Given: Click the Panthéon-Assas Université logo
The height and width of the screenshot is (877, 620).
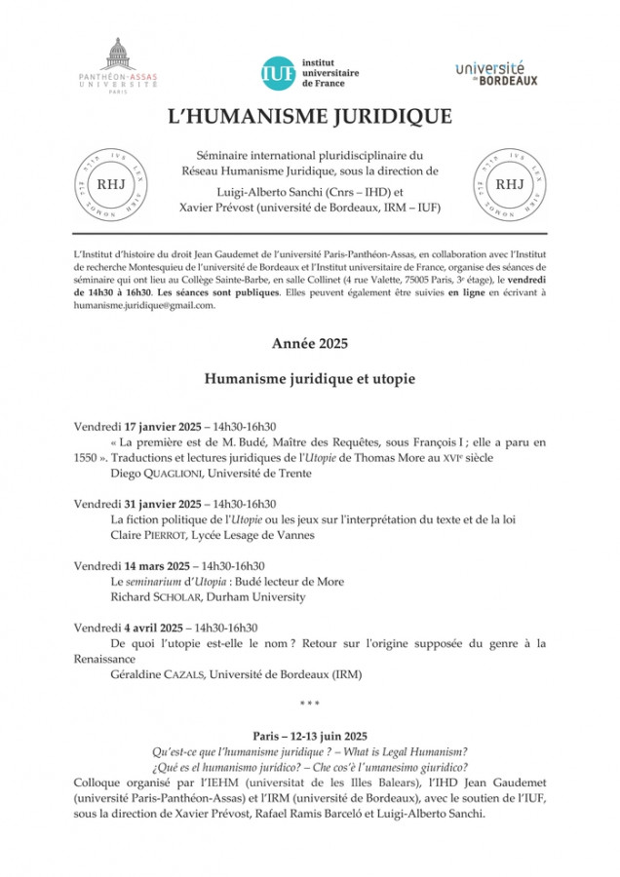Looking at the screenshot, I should (x=117, y=65).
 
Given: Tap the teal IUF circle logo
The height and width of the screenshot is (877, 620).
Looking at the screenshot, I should (x=275, y=71).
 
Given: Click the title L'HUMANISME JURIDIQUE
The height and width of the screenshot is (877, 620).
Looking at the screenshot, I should (x=309, y=117).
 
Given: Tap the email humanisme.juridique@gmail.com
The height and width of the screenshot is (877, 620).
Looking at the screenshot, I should (x=143, y=304).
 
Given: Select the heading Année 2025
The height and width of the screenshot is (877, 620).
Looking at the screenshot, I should (x=309, y=343).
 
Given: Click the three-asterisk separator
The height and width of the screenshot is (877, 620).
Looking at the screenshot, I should (x=309, y=704).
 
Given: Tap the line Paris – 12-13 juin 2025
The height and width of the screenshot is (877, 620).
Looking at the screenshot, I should (x=309, y=736).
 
